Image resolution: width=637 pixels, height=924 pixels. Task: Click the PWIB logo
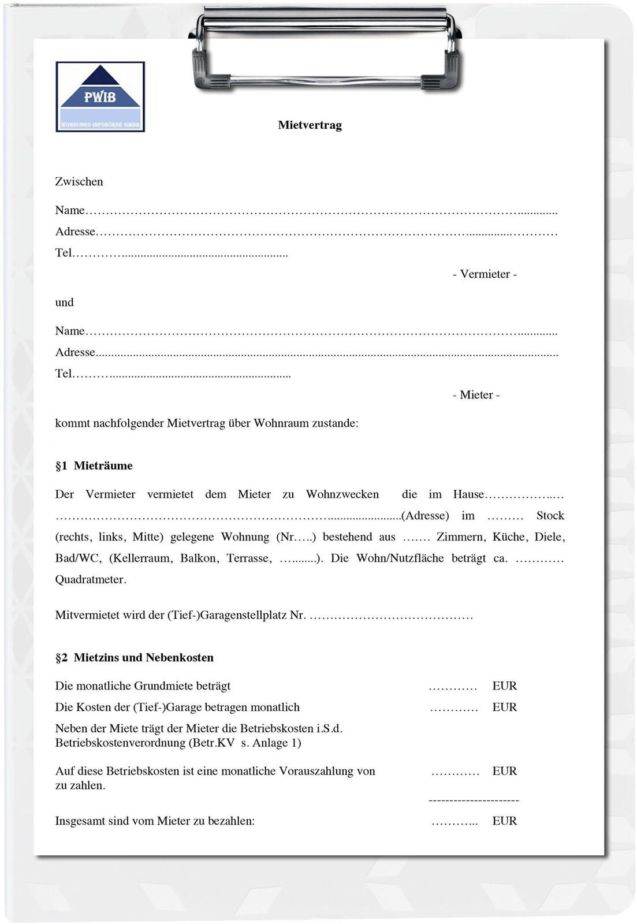[100, 96]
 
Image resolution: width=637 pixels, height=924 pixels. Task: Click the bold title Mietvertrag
[310, 125]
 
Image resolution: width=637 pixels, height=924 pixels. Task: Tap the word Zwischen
[79, 181]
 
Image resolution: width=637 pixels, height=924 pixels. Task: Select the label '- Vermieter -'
[485, 274]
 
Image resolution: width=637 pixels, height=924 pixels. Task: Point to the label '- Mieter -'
[476, 394]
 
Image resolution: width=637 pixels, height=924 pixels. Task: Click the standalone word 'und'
[64, 302]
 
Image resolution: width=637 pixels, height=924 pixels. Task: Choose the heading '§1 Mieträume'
[94, 465]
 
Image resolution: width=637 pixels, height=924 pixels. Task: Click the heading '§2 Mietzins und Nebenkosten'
[135, 657]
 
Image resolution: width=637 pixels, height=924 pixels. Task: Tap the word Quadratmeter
[90, 579]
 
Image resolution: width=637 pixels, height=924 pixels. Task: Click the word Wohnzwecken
[342, 494]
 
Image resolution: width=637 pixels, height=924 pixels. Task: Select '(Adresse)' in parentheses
[425, 515]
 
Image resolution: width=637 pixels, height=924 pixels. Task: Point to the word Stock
[550, 515]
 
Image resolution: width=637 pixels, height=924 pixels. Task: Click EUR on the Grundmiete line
[504, 685]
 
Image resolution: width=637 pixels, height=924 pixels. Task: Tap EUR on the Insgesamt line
[504, 821]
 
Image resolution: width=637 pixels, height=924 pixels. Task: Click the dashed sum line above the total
[474, 800]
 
